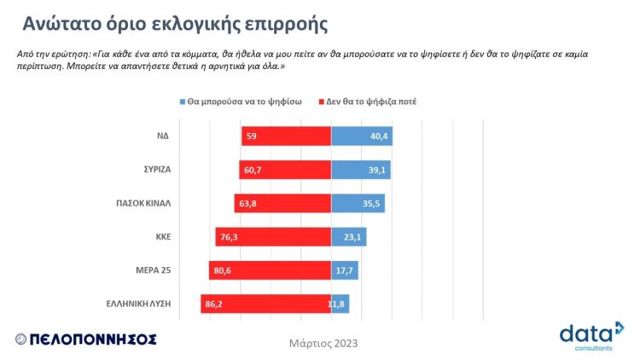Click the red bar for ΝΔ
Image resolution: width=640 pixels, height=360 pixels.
point(287,136)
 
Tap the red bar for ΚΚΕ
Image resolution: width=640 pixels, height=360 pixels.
point(273,236)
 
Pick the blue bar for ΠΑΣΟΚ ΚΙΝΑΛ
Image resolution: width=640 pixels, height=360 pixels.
point(358,203)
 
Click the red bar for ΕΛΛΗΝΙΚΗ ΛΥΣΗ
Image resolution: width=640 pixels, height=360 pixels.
point(266,304)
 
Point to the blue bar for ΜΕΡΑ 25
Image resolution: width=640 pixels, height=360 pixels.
point(344,270)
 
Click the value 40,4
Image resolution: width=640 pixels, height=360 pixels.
point(379,136)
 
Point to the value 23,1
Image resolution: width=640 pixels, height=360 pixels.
point(353,237)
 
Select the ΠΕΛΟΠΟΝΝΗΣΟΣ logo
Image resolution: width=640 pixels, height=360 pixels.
point(85,339)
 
